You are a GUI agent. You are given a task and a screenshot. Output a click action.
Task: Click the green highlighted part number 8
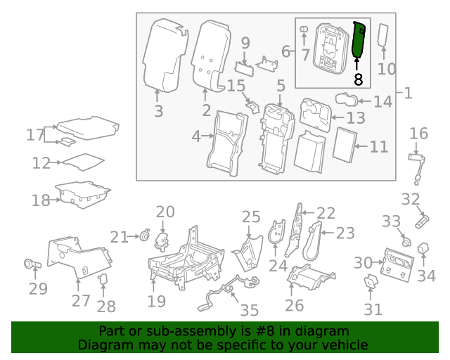point(359,41)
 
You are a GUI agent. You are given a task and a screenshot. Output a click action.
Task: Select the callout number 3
point(158,111)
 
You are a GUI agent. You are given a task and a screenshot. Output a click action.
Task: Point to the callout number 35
point(249,310)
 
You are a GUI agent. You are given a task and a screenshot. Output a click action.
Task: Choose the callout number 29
point(38,288)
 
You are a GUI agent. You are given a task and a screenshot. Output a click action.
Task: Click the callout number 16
point(418,134)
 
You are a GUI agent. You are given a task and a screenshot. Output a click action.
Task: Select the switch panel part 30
point(397,263)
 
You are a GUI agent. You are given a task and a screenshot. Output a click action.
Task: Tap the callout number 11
point(379,147)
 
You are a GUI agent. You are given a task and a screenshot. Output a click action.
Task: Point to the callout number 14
point(382,102)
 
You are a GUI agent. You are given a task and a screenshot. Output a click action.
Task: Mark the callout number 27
point(81,301)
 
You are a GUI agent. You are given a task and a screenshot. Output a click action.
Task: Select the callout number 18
point(40,200)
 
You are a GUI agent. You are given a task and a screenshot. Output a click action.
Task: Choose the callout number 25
point(251,217)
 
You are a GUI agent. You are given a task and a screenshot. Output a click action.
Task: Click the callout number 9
point(245,43)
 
